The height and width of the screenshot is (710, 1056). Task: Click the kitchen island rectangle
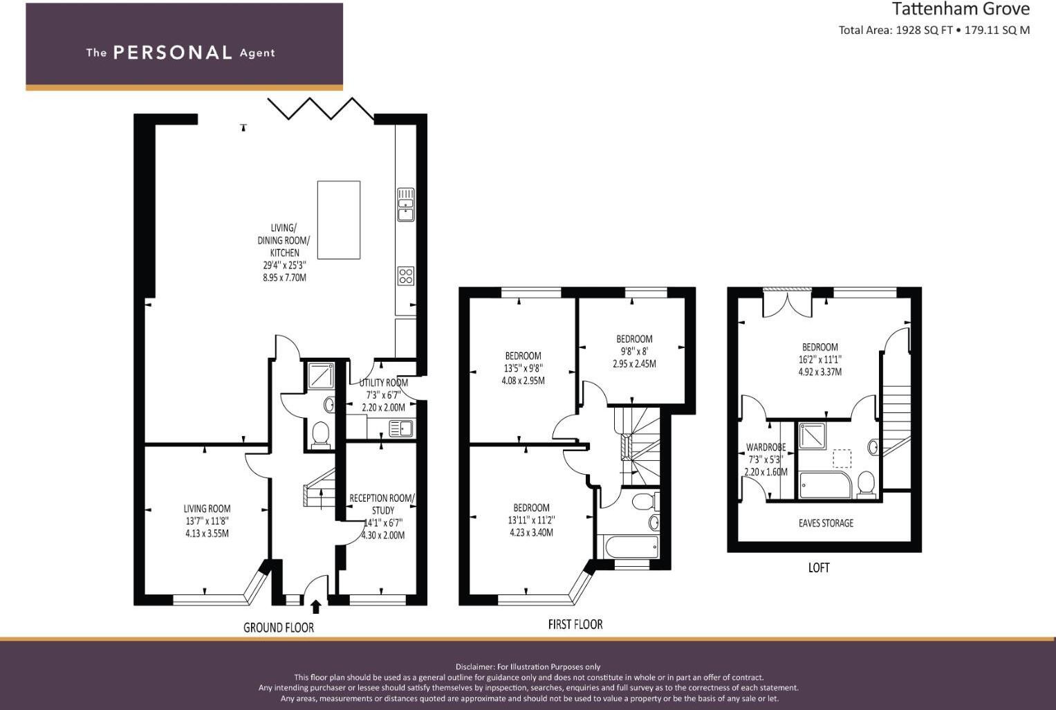click(338, 219)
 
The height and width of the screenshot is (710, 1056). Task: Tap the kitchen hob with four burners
click(405, 276)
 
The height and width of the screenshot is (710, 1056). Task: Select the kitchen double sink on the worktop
click(405, 204)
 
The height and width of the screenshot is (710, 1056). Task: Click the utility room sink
click(401, 429)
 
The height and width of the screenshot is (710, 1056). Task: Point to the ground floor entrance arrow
click(316, 607)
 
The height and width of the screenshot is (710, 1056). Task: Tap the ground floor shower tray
click(319, 376)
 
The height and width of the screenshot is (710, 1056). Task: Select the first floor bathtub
click(631, 547)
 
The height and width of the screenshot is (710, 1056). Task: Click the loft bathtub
click(825, 485)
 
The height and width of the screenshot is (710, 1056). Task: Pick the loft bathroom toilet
click(865, 484)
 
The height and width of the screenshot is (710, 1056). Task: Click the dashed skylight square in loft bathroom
click(842, 459)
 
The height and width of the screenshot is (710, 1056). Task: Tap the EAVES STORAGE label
click(826, 523)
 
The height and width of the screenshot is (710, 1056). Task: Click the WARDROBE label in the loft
click(766, 447)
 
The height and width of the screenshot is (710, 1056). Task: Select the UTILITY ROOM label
click(383, 383)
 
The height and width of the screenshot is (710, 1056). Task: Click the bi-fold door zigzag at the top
click(320, 109)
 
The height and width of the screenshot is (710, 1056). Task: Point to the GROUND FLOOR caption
click(279, 628)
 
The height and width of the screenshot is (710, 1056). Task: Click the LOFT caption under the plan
click(819, 567)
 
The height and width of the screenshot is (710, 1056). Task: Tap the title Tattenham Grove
click(961, 9)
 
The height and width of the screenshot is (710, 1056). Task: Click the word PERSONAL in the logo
click(172, 53)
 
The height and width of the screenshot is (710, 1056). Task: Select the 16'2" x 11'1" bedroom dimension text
click(819, 360)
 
